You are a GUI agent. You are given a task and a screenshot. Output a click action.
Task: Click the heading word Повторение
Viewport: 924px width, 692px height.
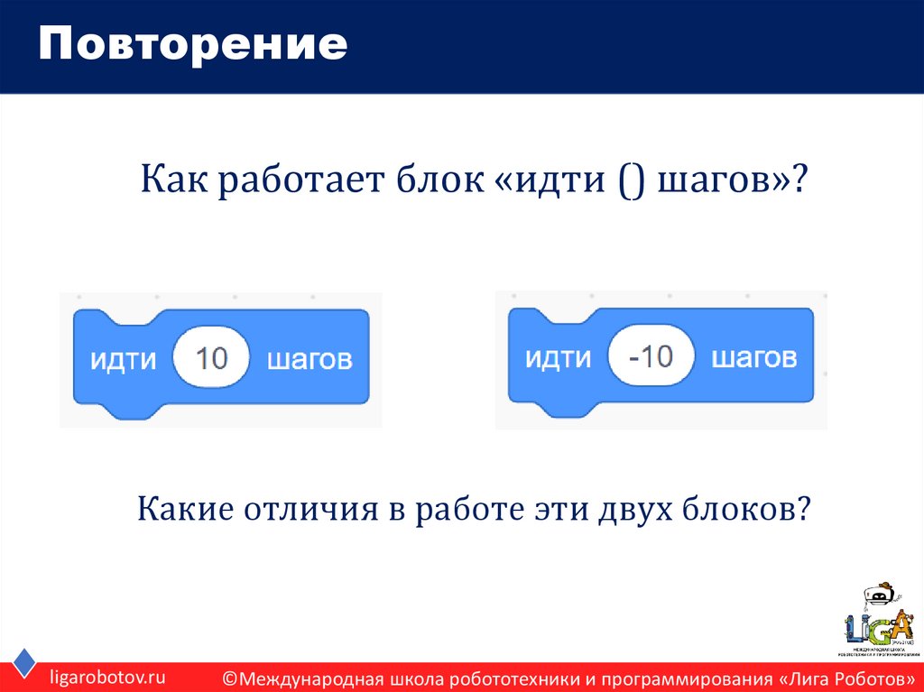coord(192,45)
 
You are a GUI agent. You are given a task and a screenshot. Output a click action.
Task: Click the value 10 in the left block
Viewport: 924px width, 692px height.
coord(211,359)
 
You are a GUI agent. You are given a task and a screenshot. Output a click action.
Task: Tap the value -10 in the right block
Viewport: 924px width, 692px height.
coord(651,356)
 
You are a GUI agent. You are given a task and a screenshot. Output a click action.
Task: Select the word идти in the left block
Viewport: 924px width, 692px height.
coord(123,360)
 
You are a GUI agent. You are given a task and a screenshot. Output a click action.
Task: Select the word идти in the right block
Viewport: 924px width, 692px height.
coord(558,357)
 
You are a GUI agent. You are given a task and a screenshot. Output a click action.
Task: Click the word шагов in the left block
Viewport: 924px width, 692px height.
coord(309,360)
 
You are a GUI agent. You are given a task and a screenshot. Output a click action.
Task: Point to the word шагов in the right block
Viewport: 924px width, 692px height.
coord(753,357)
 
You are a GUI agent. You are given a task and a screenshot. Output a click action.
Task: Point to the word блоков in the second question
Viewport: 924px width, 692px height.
coord(750,510)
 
